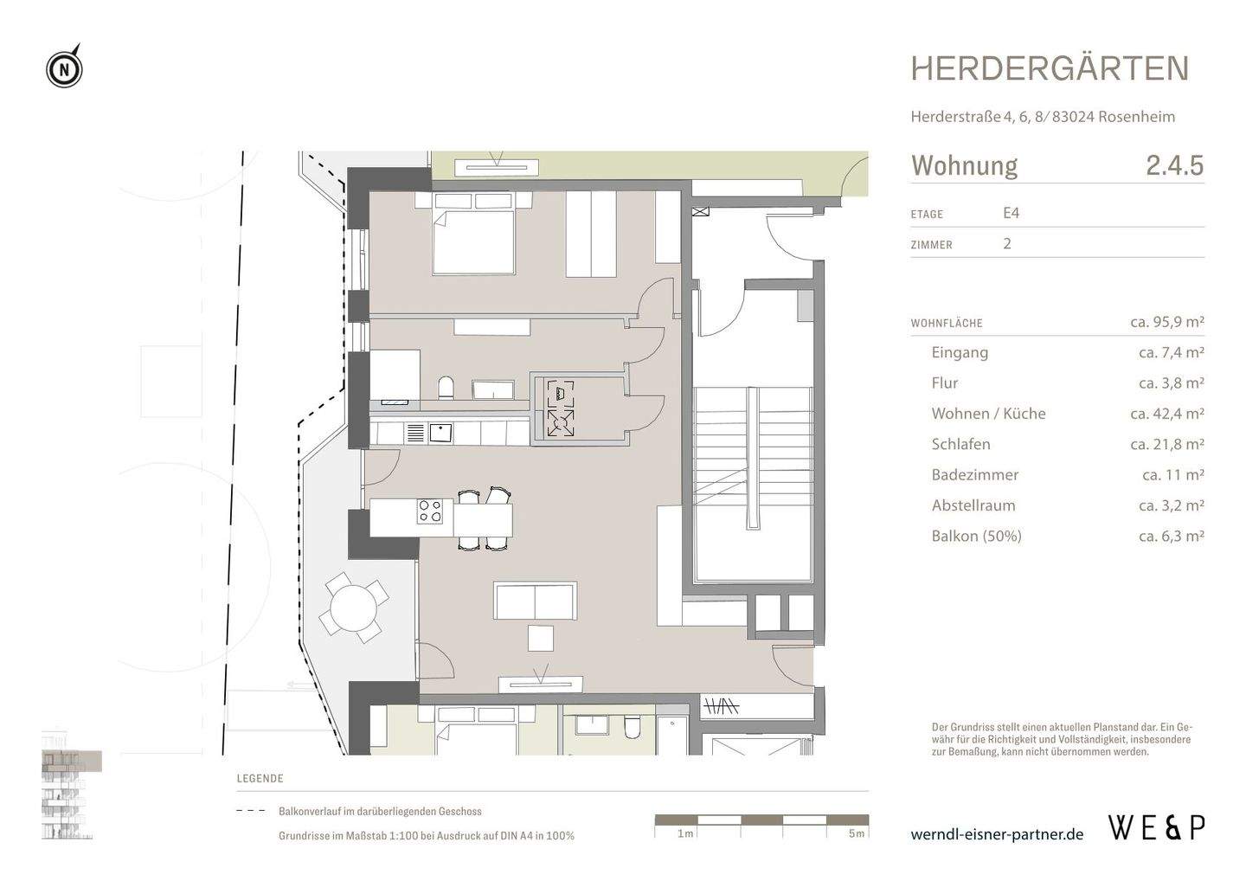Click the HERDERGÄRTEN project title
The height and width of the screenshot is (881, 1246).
click(x=1050, y=69)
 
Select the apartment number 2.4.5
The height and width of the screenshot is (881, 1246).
click(x=1174, y=165)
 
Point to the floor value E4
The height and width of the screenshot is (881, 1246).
click(x=1011, y=213)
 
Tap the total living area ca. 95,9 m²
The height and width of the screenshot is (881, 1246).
click(x=1166, y=322)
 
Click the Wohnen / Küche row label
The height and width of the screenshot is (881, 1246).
click(x=988, y=414)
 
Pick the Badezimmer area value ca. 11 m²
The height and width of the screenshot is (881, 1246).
click(x=1172, y=474)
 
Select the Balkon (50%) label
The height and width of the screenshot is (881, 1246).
click(x=976, y=536)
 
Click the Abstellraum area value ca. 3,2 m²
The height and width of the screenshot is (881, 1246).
click(x=1171, y=505)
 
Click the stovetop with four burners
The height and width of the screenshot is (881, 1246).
click(x=430, y=511)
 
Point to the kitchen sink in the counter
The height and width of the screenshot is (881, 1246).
click(x=440, y=432)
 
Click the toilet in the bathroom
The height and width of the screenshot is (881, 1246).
click(x=446, y=387)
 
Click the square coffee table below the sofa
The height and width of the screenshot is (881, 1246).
click(x=541, y=638)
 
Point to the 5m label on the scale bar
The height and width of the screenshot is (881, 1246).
click(x=856, y=833)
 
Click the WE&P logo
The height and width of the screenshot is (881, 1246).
click(x=1156, y=827)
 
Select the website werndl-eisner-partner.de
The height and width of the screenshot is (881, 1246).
click(x=997, y=834)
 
